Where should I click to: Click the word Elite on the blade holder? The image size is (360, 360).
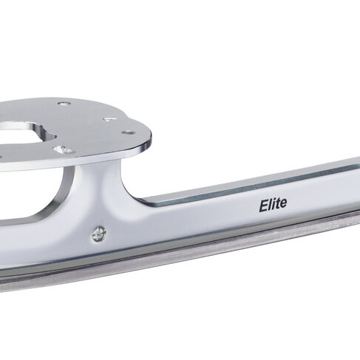click(273, 205)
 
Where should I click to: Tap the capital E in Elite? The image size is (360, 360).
click(263, 206)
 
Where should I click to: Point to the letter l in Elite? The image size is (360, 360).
click(271, 205)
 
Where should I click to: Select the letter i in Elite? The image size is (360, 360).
click(274, 204)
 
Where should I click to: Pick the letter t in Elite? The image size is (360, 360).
click(278, 204)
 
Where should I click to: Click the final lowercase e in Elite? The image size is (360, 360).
click(283, 204)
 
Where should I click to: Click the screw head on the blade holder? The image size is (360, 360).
click(99, 234)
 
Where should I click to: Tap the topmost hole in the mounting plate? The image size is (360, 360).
click(64, 103)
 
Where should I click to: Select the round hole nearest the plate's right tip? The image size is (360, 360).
click(129, 133)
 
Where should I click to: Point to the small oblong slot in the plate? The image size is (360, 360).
click(109, 120)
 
